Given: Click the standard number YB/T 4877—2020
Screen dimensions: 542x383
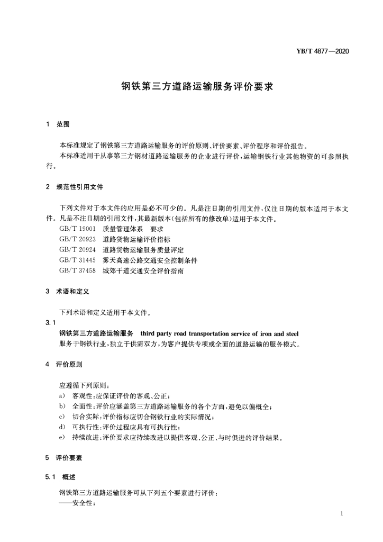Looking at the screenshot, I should click(x=324, y=51).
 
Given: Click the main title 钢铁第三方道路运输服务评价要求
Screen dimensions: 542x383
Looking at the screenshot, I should click(x=190, y=86).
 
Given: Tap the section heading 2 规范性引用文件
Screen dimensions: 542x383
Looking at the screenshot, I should click(x=74, y=187).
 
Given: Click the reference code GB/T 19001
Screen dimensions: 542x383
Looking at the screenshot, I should click(x=77, y=229).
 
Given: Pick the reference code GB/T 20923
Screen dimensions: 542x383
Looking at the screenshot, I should click(x=77, y=239).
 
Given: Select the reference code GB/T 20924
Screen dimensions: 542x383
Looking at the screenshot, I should click(x=77, y=250).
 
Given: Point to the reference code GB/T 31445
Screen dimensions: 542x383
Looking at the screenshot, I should click(x=77, y=260).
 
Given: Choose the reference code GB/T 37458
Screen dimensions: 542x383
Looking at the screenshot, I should click(x=77, y=271).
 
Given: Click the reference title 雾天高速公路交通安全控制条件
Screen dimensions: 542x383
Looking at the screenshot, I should click(x=150, y=260).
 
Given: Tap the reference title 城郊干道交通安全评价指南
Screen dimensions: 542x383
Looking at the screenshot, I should click(x=143, y=271).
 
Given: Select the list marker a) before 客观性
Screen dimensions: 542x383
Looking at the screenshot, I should click(x=62, y=396).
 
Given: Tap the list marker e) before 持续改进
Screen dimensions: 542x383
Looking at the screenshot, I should click(x=62, y=438).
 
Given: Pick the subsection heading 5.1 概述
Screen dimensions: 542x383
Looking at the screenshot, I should click(x=61, y=477).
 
